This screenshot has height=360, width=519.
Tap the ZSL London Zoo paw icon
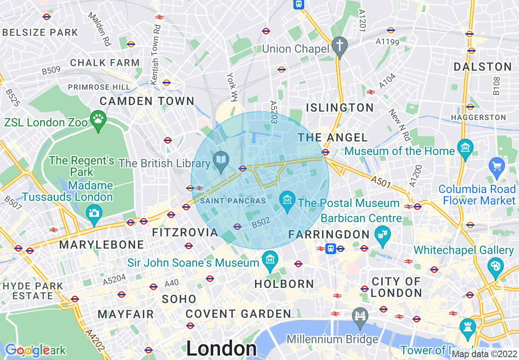[x=98, y=119]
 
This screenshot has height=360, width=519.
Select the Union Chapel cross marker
[x=339, y=45]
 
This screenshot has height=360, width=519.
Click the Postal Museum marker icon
[x=287, y=199]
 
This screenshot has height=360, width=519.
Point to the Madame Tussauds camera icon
[x=94, y=213]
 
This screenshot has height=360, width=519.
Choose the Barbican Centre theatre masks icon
[x=383, y=234]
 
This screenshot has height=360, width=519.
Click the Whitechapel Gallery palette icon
[x=495, y=266]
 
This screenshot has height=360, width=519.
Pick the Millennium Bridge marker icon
[x=360, y=316]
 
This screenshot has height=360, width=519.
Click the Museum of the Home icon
[x=465, y=147]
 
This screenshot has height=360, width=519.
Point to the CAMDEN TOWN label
[x=147, y=101]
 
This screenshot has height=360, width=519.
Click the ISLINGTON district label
[x=340, y=108]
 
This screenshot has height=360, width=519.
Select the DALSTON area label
[x=483, y=67]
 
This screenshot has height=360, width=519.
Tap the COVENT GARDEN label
[x=238, y=314]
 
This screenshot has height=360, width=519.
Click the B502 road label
[x=261, y=223]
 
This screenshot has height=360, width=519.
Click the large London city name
[x=221, y=349]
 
